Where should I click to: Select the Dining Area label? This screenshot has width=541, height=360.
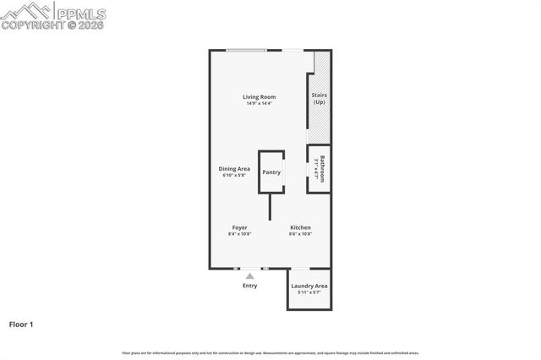pyautogui.click(x=235, y=168)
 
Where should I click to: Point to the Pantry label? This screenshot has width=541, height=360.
pyautogui.click(x=271, y=172)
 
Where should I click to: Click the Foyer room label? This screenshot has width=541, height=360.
pyautogui.click(x=240, y=228)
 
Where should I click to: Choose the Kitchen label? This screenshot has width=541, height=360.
pyautogui.click(x=300, y=228)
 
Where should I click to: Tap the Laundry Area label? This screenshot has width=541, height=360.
pyautogui.click(x=309, y=286)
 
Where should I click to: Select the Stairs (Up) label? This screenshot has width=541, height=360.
pyautogui.click(x=320, y=98)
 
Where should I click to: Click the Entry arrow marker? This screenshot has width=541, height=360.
pyautogui.click(x=249, y=275)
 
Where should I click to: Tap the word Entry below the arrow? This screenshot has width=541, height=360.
pyautogui.click(x=249, y=286)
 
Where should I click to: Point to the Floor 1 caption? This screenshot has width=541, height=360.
pyautogui.click(x=21, y=324)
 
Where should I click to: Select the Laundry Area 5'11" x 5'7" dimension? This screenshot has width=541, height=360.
pyautogui.click(x=309, y=293)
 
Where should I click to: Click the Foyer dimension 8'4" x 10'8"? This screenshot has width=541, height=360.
pyautogui.click(x=240, y=235)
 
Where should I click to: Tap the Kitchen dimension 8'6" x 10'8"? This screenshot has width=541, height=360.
pyautogui.click(x=300, y=235)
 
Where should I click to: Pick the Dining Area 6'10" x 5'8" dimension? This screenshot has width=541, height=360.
pyautogui.click(x=235, y=175)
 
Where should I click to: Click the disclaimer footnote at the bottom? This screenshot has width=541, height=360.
pyautogui.click(x=270, y=353)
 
